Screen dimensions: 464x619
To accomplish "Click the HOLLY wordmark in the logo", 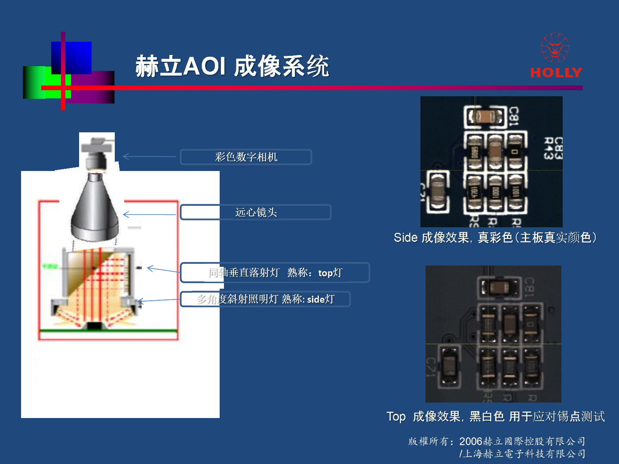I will [556, 72].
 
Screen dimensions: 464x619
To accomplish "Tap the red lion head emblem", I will [555, 48].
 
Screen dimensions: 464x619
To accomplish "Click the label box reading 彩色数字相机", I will [246, 157].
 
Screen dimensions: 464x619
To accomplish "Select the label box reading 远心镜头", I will [256, 212].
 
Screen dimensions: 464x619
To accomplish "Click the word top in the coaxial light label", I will [325, 273].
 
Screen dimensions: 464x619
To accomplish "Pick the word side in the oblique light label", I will [316, 299].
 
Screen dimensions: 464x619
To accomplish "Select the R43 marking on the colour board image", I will [548, 149].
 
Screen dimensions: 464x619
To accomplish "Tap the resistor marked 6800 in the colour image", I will [475, 153].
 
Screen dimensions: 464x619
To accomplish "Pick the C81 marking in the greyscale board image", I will [529, 287].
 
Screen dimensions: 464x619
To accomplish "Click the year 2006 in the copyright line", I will [471, 441].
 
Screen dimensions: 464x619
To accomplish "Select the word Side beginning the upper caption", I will [405, 238].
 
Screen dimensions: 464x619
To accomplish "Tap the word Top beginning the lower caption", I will [396, 416].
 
